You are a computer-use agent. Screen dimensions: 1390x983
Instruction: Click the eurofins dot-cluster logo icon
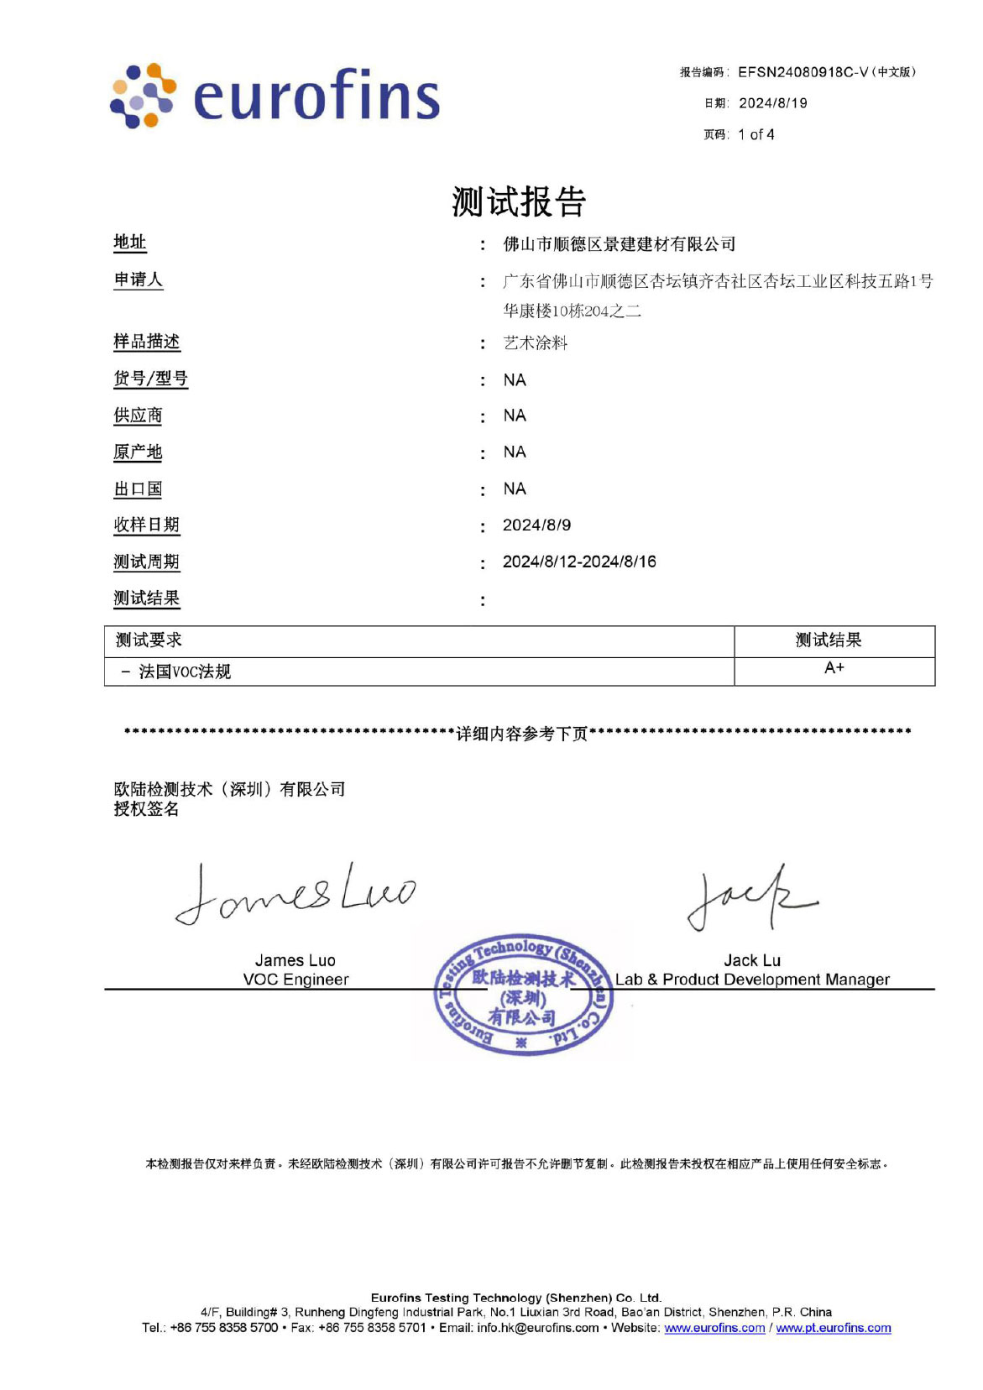[x=143, y=96]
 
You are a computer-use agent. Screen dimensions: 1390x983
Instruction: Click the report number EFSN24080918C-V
[x=803, y=72]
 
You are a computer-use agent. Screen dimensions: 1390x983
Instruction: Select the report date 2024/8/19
[x=772, y=103]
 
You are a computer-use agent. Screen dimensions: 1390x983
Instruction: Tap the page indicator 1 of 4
[x=756, y=134]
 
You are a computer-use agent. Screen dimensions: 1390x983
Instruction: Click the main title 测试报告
[x=518, y=201]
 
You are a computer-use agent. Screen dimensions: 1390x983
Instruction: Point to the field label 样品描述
[x=147, y=342]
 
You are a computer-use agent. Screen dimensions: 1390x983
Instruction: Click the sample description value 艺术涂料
[x=536, y=342]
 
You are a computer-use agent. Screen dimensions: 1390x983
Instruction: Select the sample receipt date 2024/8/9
[x=536, y=525]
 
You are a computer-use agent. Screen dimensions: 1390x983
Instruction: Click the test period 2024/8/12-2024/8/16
[x=579, y=562]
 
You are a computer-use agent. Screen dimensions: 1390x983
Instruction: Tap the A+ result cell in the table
[x=834, y=668]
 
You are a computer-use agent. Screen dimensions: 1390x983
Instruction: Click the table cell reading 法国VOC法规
[x=184, y=671]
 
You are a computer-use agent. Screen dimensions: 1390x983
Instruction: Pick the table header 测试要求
[x=149, y=640]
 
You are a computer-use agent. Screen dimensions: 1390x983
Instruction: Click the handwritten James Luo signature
[x=294, y=894]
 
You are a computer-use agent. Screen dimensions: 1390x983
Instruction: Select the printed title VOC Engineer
[x=295, y=980]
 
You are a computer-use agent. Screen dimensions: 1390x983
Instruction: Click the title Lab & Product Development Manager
[x=752, y=980]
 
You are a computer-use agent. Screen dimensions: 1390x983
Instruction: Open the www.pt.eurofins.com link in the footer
[x=833, y=1328]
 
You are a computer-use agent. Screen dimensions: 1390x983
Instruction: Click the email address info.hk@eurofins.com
[x=538, y=1328]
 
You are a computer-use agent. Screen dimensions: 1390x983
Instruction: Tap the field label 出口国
[x=138, y=489]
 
